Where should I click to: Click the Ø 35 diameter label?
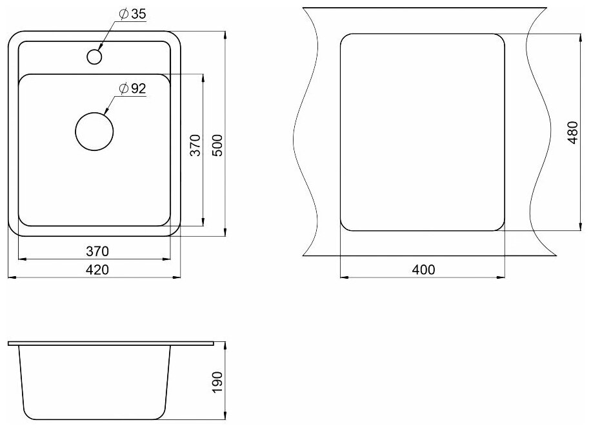tap(132, 14)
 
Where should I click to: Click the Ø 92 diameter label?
tap(132, 88)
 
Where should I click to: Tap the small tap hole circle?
tap(94, 57)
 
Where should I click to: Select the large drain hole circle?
tap(94, 132)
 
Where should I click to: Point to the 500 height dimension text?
tap(218, 145)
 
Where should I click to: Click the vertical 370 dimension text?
tap(195, 145)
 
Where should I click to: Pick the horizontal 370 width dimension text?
tap(97, 251)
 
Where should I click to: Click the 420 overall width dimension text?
tap(97, 270)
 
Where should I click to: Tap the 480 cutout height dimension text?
tap(572, 132)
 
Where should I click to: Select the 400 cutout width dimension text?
tap(423, 270)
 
